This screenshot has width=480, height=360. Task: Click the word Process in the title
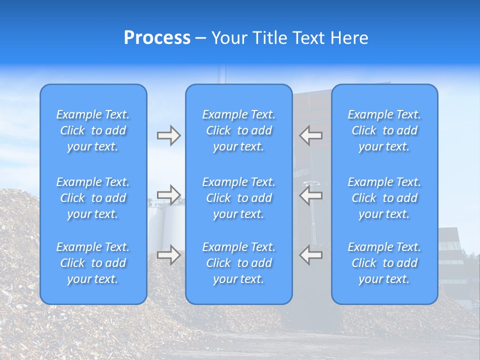point(157,38)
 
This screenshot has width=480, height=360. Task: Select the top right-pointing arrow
point(168,135)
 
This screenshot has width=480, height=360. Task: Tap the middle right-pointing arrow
point(168,195)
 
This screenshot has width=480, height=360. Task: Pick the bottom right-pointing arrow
point(168,255)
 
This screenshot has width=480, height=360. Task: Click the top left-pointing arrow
point(310,135)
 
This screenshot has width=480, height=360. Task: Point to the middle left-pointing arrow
point(310,195)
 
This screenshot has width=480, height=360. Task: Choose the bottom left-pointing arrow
point(310,255)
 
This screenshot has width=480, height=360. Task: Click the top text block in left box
point(93,130)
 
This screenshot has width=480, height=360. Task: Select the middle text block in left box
point(93,198)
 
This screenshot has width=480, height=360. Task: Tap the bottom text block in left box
point(93,263)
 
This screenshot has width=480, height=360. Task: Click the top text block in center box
point(238,130)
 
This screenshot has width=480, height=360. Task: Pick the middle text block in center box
point(238,198)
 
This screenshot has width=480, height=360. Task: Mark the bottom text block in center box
point(238,263)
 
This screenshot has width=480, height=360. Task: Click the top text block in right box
point(384,130)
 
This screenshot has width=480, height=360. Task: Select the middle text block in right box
point(384,198)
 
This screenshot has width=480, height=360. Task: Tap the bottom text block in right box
point(384,263)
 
